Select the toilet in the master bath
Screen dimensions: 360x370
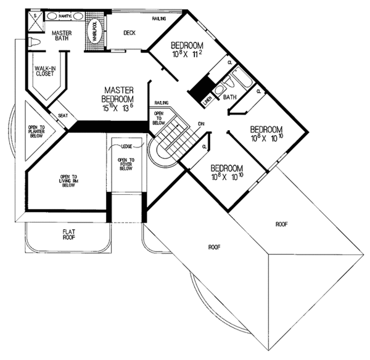click(35, 41)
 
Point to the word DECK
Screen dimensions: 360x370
click(129, 33)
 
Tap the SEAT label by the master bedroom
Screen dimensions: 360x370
click(62, 115)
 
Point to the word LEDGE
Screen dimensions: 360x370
click(128, 145)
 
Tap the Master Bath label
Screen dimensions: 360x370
click(62, 37)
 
